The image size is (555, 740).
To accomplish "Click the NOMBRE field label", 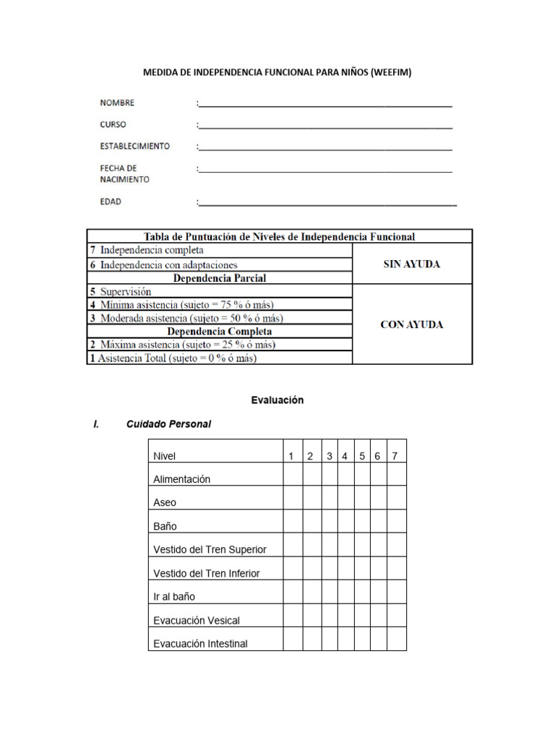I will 117,103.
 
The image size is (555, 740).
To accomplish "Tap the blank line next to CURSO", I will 324,127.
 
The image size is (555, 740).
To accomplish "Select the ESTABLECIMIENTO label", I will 135,146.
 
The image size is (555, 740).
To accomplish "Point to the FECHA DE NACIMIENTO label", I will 124,173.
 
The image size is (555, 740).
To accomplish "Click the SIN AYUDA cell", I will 411,264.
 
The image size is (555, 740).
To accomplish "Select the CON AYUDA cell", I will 411,324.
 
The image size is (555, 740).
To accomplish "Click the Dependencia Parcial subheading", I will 219,277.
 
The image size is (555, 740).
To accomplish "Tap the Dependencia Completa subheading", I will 219,331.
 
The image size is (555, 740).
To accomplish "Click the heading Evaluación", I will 277,400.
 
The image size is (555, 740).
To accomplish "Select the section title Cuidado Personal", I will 168,424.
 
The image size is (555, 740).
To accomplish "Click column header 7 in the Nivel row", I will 395,456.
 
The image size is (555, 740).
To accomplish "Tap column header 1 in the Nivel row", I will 291,456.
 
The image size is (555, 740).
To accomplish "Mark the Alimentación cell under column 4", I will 345,474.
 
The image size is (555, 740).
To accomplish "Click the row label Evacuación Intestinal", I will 200,643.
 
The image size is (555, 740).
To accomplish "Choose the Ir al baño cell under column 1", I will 293,592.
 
